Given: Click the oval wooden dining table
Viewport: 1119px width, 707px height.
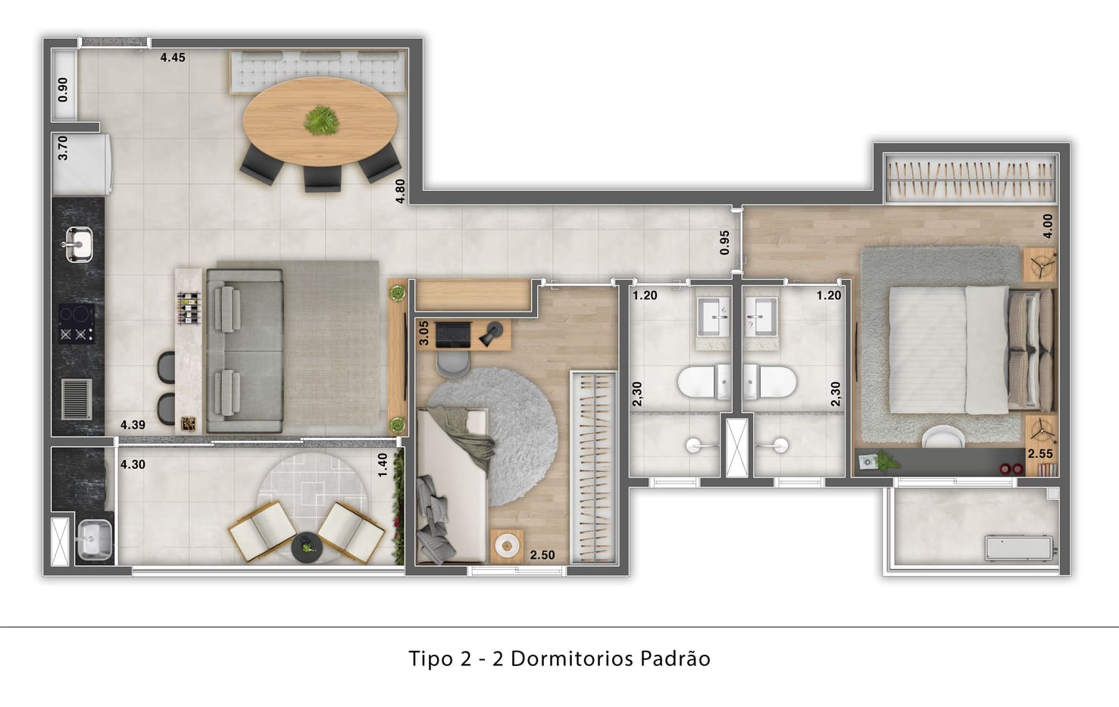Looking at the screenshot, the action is click(x=320, y=121).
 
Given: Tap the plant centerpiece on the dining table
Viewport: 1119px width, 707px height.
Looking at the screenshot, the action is click(x=321, y=120).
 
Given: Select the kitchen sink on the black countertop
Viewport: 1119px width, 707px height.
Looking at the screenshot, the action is click(x=79, y=244).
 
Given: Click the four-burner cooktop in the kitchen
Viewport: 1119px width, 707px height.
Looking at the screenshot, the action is click(x=77, y=324).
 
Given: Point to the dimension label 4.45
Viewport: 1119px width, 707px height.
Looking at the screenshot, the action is click(x=173, y=58).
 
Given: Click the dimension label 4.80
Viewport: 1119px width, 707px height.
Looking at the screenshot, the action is click(x=400, y=191).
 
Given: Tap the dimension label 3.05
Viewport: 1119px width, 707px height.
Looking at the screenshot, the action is click(x=424, y=333).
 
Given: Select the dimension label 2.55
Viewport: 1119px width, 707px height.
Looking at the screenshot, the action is click(x=1040, y=454).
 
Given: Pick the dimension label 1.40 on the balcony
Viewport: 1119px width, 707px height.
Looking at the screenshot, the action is click(x=383, y=465).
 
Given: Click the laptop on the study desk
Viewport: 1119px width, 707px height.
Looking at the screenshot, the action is click(x=452, y=335).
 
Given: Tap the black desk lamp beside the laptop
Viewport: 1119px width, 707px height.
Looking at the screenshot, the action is click(x=491, y=333).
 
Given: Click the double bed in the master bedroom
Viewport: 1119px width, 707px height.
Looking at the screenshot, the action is click(x=971, y=350).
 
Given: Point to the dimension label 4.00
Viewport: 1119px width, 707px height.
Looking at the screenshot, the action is click(x=1048, y=227).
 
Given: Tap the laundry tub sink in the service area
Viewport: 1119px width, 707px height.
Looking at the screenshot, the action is click(x=95, y=540).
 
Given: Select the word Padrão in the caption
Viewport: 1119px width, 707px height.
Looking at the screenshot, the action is click(x=675, y=659).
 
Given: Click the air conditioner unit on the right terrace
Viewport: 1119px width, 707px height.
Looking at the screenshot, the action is click(x=1019, y=548).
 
